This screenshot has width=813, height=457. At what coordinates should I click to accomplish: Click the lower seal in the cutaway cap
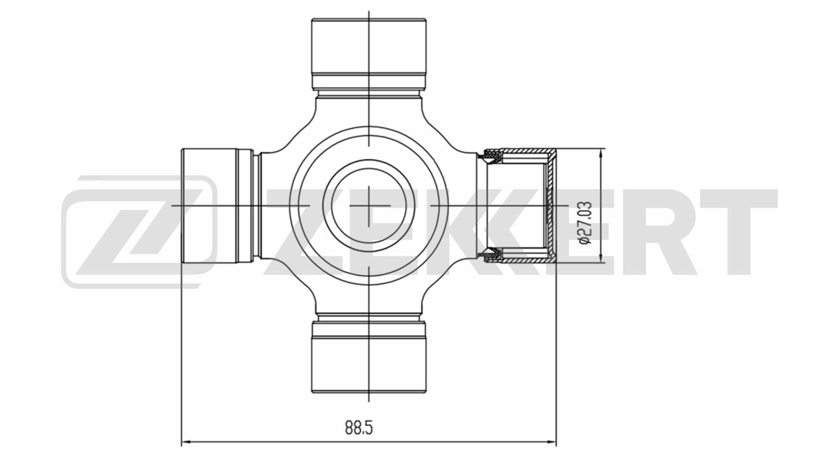pos(491,254)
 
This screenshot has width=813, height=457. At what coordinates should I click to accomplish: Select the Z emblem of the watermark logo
pos(138,232)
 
